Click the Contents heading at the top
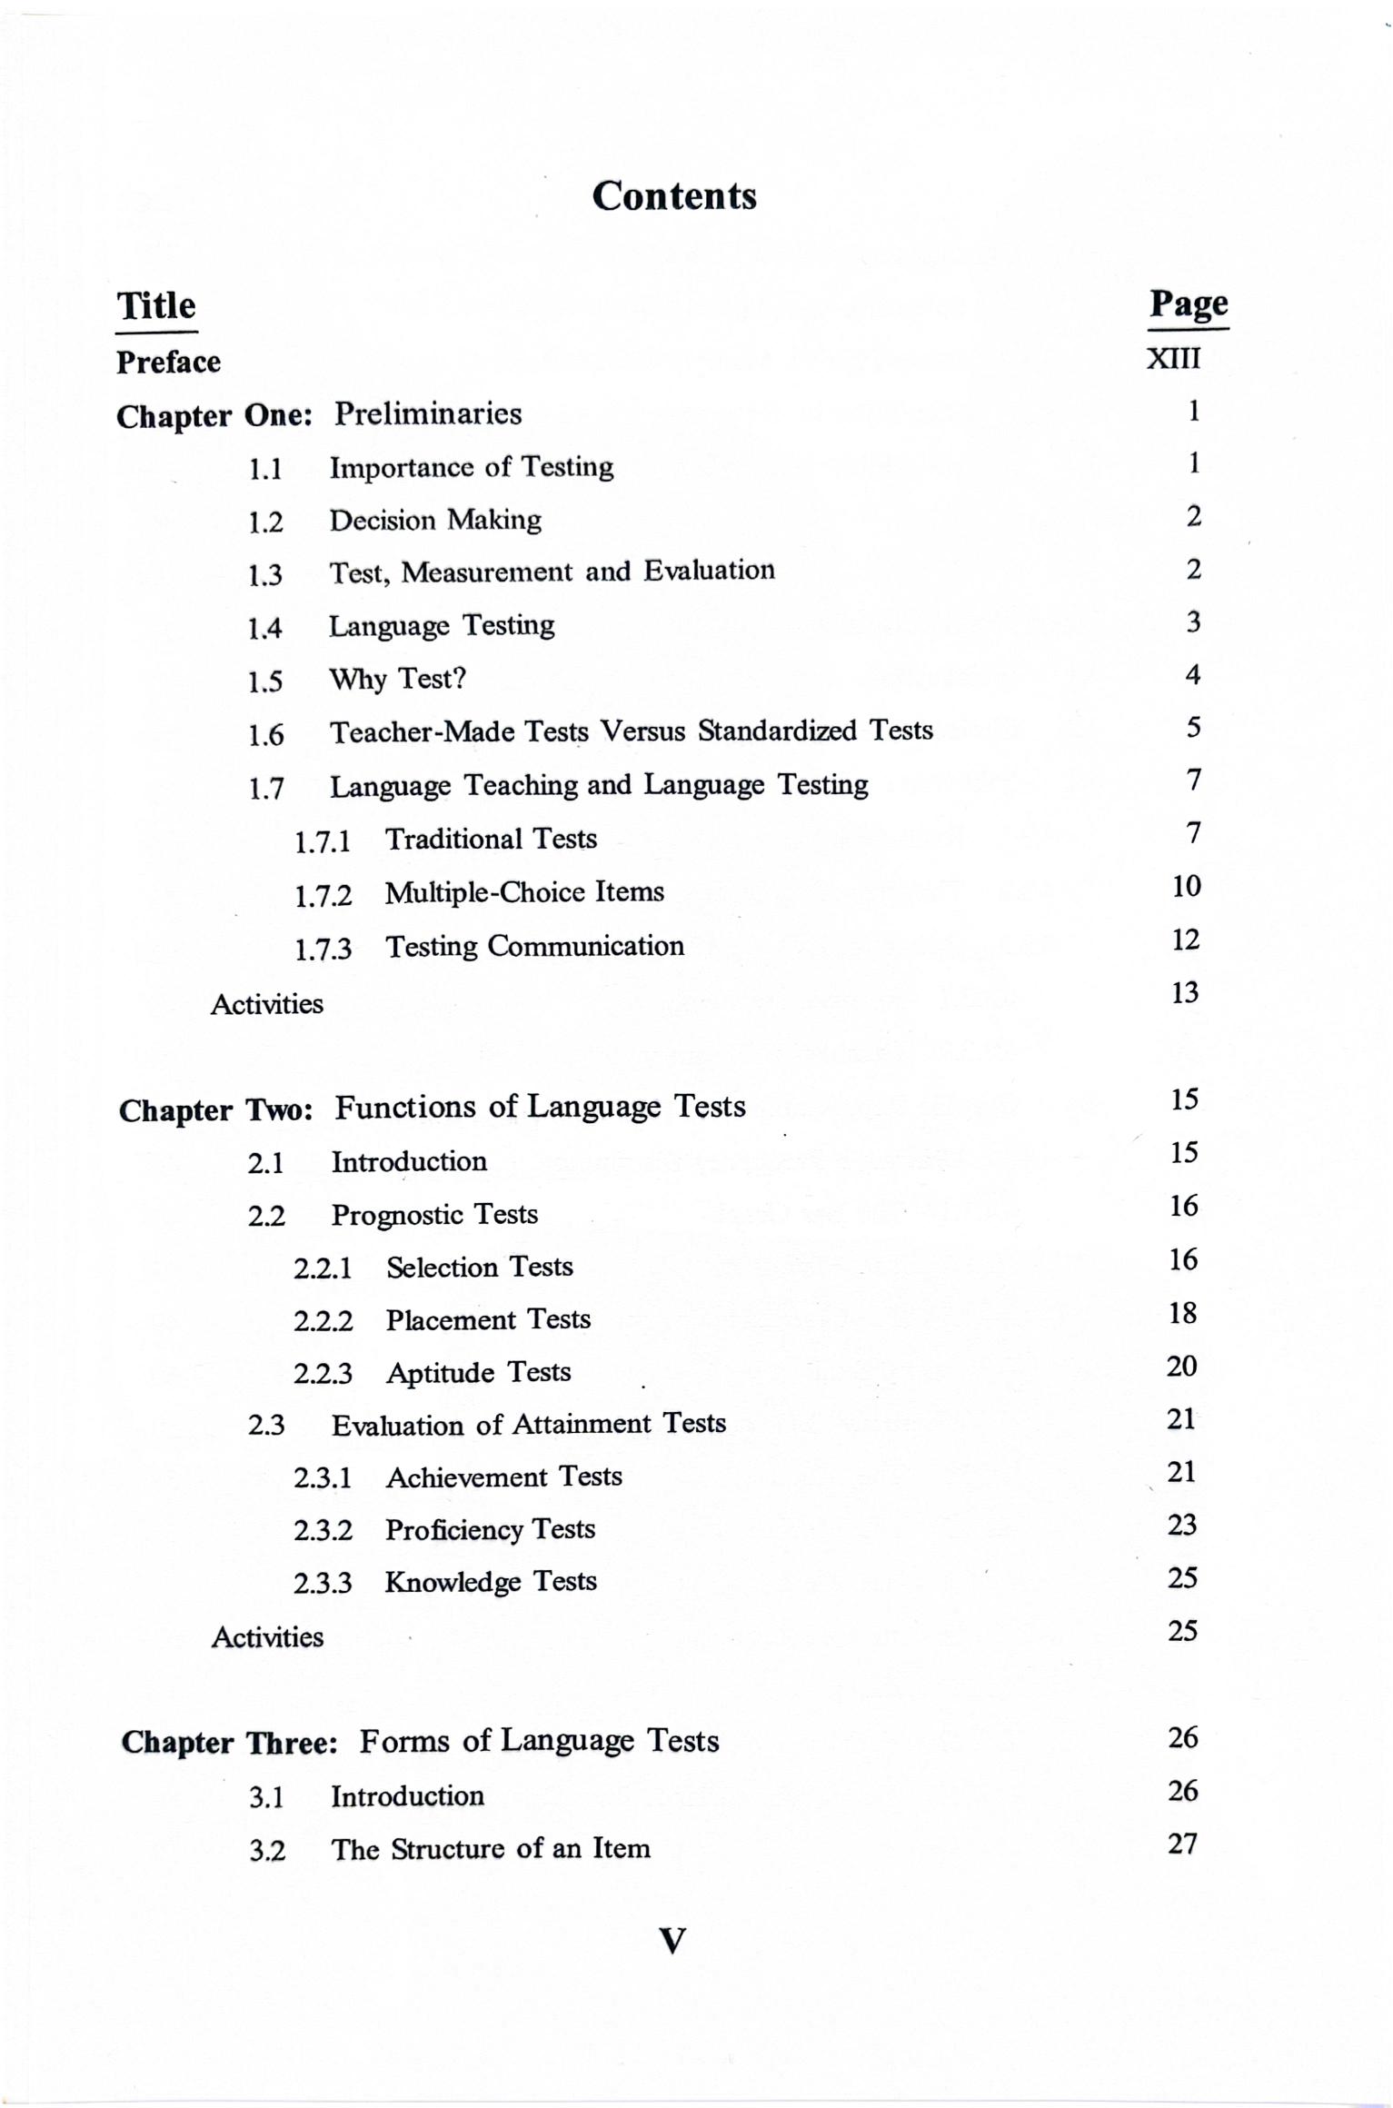[x=674, y=196]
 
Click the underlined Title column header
[x=156, y=306]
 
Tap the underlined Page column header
[x=1189, y=304]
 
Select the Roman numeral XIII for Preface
[x=1173, y=359]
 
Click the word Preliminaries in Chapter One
[x=428, y=414]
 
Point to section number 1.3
[x=265, y=575]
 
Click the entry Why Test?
[x=397, y=679]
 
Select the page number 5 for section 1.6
[x=1193, y=727]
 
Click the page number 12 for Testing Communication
[x=1186, y=940]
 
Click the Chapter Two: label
[x=216, y=1110]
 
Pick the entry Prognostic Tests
[x=434, y=1215]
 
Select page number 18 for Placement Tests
[x=1182, y=1313]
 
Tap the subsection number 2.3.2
[x=323, y=1531]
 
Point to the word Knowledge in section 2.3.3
[x=452, y=1582]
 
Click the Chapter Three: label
[x=229, y=1743]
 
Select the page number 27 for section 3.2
[x=1182, y=1844]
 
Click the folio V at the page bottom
[x=672, y=1942]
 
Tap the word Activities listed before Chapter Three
[x=267, y=1637]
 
